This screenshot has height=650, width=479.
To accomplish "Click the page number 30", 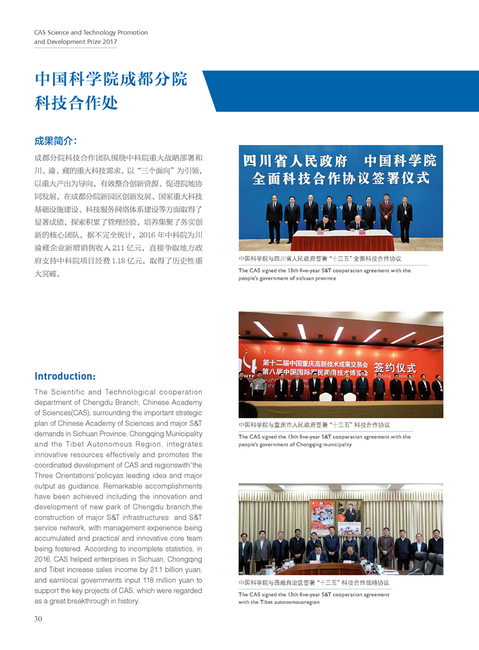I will coord(38,618).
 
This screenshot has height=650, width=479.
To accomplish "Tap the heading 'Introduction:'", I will coord(65,376).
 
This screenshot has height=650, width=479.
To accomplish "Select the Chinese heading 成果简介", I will coord(56,140).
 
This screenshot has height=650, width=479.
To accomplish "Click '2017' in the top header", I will coord(110,42).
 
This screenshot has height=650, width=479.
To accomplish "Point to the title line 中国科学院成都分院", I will coord(111,79).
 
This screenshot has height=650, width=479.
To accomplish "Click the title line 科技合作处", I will coord(76,102).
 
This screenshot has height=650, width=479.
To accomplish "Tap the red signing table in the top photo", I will coord(342,241).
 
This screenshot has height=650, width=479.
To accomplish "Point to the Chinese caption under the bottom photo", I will coord(314,582).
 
